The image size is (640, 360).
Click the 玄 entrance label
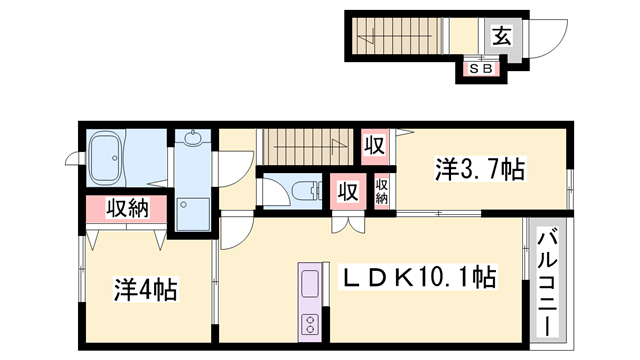[x=501, y=36]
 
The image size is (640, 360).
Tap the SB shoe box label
[x=481, y=69]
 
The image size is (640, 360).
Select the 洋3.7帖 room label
[x=479, y=169]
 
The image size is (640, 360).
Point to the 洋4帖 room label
[x=145, y=289]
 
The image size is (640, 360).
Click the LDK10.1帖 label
[x=420, y=277]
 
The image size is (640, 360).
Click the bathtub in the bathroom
[x=106, y=158]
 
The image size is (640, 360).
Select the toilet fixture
[x=306, y=190]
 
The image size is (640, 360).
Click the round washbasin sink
[x=192, y=137]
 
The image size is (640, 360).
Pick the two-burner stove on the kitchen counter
[x=310, y=323]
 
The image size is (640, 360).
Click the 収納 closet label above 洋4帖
[x=128, y=209]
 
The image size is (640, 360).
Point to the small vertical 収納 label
[x=382, y=191]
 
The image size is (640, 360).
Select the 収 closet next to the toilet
[x=348, y=191]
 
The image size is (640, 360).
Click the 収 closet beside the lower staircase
[x=374, y=146]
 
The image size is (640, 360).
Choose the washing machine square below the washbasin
[x=193, y=215]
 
